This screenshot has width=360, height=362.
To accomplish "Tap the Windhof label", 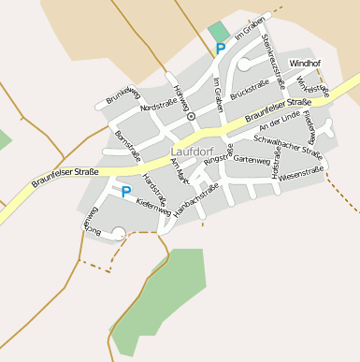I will tap(305, 63).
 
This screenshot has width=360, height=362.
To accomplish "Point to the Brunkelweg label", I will tap(122, 94).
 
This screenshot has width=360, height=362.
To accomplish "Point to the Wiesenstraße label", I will tap(301, 172).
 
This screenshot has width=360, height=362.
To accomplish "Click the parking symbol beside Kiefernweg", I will tap(125, 192).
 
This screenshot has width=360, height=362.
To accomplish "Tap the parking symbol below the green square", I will tap(221, 48).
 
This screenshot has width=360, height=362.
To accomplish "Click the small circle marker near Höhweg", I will tap(191, 117).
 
